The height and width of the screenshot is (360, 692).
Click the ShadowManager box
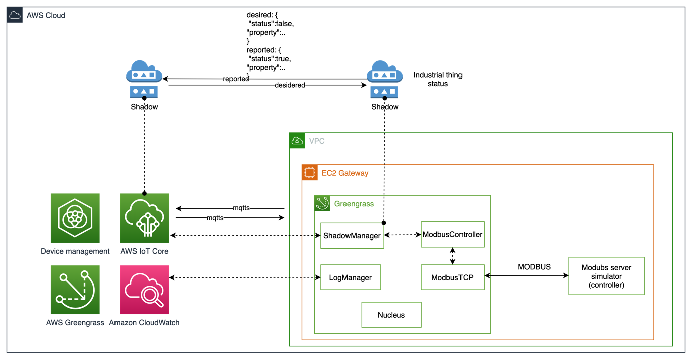[352, 235]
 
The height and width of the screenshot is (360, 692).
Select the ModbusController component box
[452, 234]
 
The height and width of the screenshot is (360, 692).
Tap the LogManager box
[351, 277]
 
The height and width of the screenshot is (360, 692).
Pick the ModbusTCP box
[452, 277]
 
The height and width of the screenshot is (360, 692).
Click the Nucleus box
[391, 315]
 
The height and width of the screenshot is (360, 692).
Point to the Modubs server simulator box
[606, 276]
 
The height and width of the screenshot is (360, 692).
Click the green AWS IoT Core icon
[144, 218]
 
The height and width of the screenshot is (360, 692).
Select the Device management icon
[75, 218]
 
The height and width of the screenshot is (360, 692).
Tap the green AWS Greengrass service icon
[75, 290]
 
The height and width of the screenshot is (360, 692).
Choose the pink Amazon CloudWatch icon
[144, 290]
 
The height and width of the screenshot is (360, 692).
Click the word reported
[236, 79]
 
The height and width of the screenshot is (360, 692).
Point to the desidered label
[290, 85]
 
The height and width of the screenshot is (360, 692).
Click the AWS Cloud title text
[46, 15]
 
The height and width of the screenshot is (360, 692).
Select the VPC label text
[317, 141]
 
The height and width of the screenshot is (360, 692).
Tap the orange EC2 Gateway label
[344, 173]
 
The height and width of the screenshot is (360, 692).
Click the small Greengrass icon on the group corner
[321, 203]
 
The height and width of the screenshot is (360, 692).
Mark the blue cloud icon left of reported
[144, 79]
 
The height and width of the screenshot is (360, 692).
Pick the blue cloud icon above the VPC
[385, 79]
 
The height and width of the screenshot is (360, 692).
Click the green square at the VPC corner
[297, 141]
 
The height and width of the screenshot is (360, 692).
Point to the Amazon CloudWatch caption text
[144, 322]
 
